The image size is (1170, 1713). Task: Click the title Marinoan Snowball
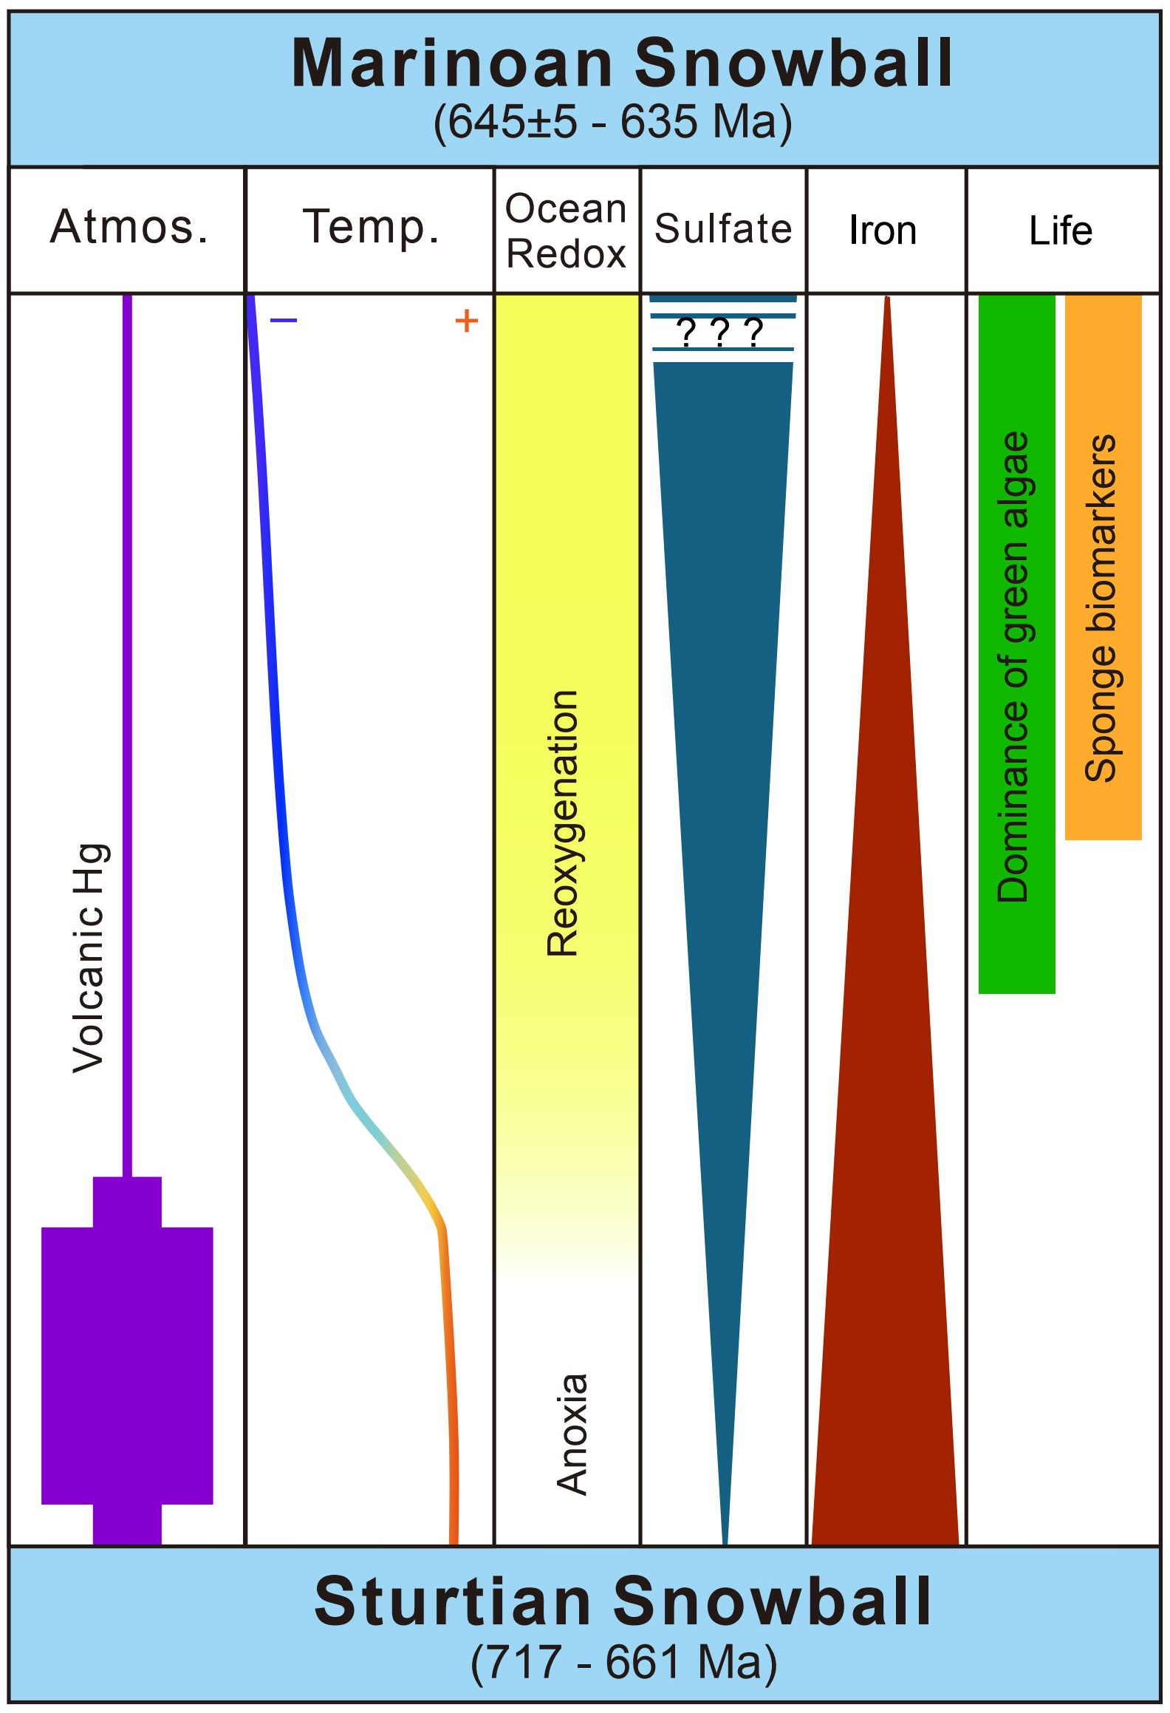pos(622,64)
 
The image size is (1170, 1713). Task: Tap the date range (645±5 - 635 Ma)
pos(613,122)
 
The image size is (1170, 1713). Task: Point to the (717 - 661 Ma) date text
pos(624,1663)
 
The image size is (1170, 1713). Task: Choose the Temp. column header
pos(372,227)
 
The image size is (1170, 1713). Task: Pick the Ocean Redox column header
pos(566,231)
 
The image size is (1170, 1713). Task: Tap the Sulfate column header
pos(723,228)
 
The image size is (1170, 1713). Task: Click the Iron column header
pos(883,231)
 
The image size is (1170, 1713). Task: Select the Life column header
pos(1061,231)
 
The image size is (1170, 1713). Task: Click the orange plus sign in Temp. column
pos(466,321)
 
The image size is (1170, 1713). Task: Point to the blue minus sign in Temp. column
pos(284,321)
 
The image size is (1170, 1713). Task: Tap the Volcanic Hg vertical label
pos(90,958)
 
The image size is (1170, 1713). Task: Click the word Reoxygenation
pos(563,823)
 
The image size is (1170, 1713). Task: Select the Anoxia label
pos(572,1434)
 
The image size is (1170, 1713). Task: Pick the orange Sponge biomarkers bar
pos(1103,568)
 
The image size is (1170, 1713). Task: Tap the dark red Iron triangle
pos(885,1256)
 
